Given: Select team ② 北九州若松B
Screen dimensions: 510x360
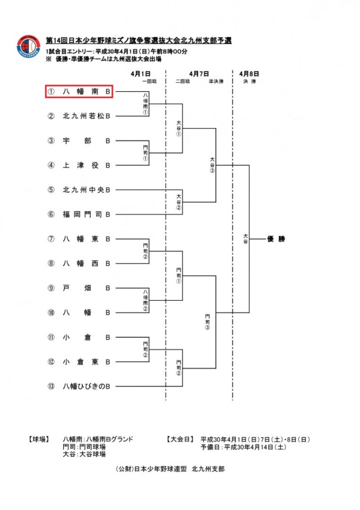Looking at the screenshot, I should coord(86,116).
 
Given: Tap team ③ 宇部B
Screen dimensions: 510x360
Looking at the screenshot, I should coord(86,141).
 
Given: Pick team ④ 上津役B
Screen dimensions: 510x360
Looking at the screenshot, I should coord(86,165).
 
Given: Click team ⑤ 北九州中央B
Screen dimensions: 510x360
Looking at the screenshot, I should coord(86,190).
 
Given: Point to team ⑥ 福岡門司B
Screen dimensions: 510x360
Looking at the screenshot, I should coord(86,214).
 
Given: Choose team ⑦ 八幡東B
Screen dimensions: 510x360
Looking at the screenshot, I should coord(86,239).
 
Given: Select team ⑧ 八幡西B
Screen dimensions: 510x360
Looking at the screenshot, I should coord(86,263).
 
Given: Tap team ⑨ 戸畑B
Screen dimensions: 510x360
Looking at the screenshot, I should coord(86,288).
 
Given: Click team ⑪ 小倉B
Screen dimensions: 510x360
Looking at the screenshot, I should coord(86,337).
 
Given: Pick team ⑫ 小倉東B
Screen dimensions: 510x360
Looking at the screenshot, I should coord(86,362).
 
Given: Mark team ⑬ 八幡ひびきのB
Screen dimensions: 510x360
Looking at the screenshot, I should coord(86,386).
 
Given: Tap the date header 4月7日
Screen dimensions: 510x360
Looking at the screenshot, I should coord(199,74).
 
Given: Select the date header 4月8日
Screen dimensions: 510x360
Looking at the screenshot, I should coord(249,74).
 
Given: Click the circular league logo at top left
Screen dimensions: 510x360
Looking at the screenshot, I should coord(28,47).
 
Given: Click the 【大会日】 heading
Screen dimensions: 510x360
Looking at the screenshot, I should coord(178,439).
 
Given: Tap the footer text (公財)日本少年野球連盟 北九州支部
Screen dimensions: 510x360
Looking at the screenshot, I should coord(169,469).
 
